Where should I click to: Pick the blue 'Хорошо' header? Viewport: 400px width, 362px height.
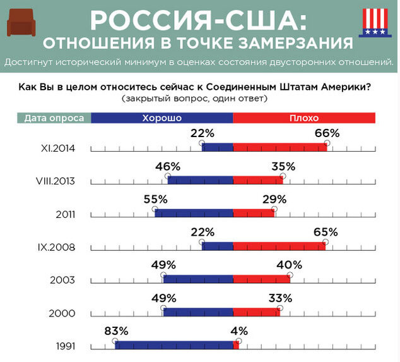[x=162, y=118]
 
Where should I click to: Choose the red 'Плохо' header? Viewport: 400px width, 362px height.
[x=304, y=118]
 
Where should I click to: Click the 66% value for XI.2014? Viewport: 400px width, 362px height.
[x=327, y=133]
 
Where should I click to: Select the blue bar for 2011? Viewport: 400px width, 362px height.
[x=194, y=214]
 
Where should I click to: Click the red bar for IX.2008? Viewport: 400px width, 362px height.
[x=279, y=246]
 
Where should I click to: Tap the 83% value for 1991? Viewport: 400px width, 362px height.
[x=116, y=330]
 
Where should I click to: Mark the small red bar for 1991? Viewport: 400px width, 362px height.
[x=236, y=345]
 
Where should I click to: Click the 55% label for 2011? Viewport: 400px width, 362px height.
[x=155, y=199]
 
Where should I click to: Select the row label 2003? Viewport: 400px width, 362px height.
[x=66, y=280]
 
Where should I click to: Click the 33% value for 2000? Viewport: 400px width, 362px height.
[x=279, y=298]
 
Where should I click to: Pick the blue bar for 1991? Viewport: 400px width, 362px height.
[x=174, y=345]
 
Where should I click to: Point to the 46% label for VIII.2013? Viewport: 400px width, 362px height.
[x=168, y=166]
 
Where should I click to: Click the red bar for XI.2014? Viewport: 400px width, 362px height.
[x=280, y=147]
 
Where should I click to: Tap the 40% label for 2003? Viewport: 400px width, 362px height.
[x=290, y=265]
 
